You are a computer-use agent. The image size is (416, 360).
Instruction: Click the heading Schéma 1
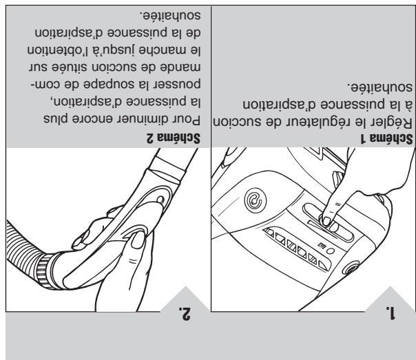click(x=386, y=138)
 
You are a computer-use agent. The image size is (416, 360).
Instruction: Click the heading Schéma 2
click(x=174, y=138)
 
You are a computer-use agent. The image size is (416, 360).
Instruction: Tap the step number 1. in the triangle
click(x=391, y=313)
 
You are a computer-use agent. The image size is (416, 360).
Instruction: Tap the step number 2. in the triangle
click(x=185, y=313)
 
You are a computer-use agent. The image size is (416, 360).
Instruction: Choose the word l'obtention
click(x=59, y=50)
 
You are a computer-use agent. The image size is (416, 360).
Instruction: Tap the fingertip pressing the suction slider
click(x=326, y=220)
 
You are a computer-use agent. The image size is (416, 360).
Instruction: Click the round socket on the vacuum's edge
click(x=351, y=268)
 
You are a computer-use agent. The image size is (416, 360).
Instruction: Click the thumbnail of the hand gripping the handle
click(x=138, y=240)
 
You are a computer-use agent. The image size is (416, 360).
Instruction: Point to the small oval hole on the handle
click(x=160, y=199)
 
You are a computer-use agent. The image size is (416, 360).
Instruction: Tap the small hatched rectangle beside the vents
click(x=322, y=246)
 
